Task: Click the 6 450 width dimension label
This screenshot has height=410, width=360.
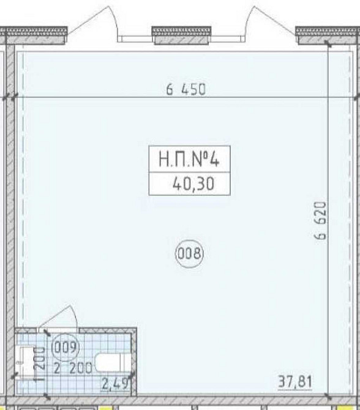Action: [x=186, y=89]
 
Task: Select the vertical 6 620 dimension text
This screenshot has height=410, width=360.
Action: [x=321, y=220]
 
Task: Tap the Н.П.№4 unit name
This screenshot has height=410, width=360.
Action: [x=189, y=160]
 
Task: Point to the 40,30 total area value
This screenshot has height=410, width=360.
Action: [x=193, y=184]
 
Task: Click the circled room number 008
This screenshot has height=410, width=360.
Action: [x=189, y=253]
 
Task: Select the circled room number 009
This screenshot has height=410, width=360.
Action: [x=66, y=348]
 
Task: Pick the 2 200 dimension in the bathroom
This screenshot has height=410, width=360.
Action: [x=73, y=368]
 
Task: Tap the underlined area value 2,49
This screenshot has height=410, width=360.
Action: [x=116, y=384]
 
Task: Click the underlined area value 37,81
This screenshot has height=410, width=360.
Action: [x=295, y=381]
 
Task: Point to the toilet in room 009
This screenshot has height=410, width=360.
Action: [x=113, y=362]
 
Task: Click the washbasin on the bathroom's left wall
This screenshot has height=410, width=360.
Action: [x=26, y=362]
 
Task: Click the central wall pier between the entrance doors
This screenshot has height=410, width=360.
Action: [x=182, y=35]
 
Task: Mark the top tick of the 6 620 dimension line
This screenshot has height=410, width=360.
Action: [x=328, y=44]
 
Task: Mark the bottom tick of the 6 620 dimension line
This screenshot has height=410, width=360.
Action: [x=328, y=397]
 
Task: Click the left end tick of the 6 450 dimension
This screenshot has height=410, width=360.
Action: [x=15, y=97]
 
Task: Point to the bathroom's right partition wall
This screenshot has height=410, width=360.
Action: [x=134, y=362]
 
